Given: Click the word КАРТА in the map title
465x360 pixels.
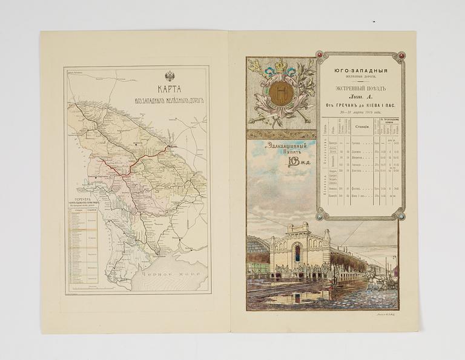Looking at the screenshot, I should coord(170,87).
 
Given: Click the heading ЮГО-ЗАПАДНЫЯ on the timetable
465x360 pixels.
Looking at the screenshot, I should coord(361,71).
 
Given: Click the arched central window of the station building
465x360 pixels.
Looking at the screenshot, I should coord(297,253).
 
